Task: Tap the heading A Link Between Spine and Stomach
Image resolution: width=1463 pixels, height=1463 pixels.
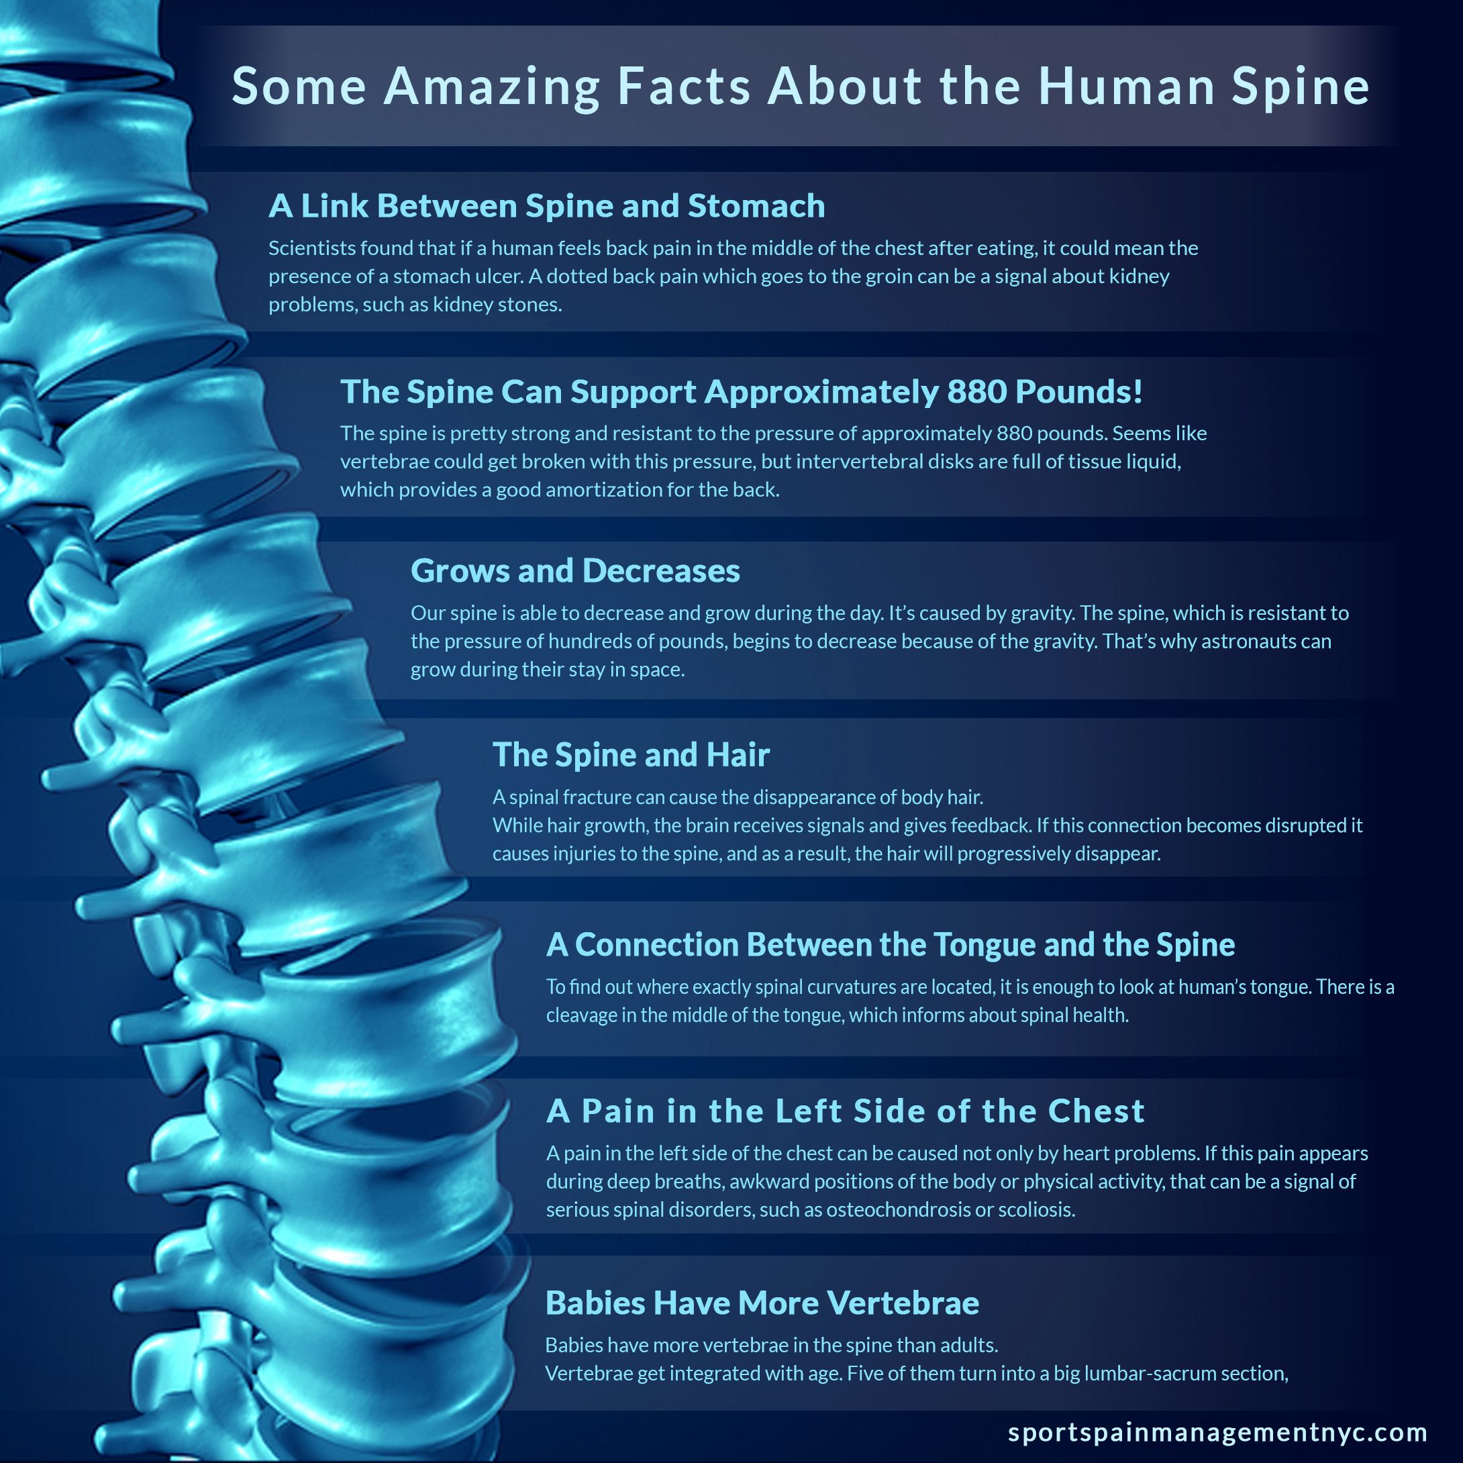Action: tap(547, 206)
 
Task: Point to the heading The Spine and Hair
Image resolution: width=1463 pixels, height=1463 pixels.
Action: tap(631, 755)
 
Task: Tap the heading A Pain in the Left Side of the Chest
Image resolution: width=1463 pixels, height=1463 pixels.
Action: tap(845, 1111)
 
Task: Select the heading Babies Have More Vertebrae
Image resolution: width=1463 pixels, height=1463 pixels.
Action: tap(762, 1303)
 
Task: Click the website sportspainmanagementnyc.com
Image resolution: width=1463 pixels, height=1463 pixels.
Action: tap(1217, 1433)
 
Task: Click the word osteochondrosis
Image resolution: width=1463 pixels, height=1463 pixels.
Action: tap(897, 1209)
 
